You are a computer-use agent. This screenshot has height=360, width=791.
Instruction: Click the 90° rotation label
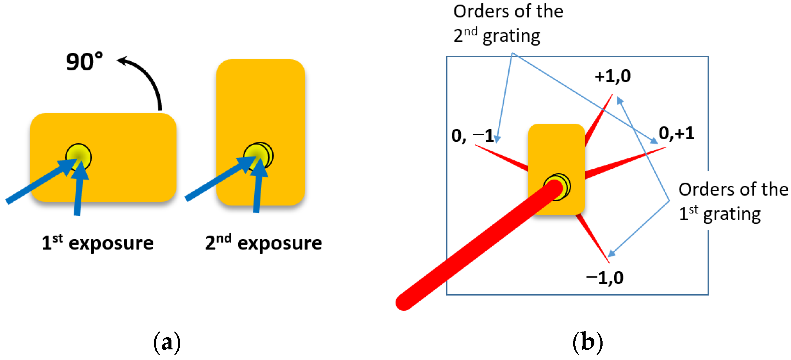pos(85,62)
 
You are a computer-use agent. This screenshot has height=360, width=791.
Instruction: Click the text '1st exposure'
pos(97,243)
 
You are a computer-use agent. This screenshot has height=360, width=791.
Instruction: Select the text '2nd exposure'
pos(263,243)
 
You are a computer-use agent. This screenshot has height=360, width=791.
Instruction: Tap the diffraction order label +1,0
pos(613,76)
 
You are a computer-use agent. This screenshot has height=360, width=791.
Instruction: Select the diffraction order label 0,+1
pos(676,133)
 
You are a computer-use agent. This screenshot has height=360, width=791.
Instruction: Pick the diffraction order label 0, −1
pos(472,135)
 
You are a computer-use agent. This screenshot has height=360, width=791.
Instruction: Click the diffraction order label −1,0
pos(605,278)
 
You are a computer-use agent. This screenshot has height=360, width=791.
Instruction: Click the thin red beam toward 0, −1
pos(504,158)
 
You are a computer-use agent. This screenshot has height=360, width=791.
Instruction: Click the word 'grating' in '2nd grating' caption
pos(511,36)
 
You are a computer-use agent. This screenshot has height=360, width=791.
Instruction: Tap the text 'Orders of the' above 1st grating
pos(733,189)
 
